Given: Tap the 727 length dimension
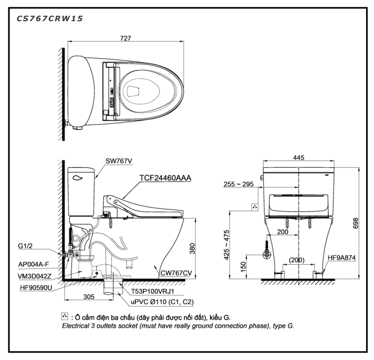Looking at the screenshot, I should pos(125,39).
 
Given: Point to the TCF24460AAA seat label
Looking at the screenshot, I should pos(165,178).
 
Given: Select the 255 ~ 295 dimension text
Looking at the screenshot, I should pos(238,184).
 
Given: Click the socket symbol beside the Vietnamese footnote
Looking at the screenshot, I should pos(65,317).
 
